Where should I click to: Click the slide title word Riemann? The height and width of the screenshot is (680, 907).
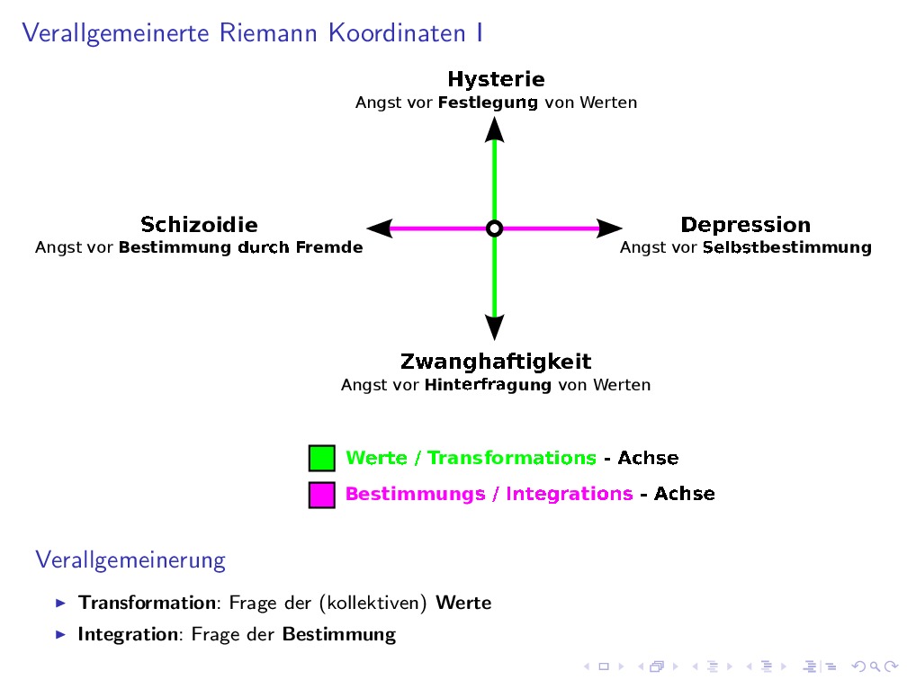pos(272,33)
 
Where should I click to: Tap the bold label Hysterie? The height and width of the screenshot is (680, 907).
pos(496,79)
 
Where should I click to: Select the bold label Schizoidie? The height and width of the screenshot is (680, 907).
pos(199,225)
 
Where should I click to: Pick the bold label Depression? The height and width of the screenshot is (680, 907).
pos(745,225)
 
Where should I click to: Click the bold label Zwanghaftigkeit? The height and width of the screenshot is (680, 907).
pos(496,362)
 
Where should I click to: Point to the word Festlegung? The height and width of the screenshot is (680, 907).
pos(488,103)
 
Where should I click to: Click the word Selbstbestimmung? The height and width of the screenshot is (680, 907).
pos(786,247)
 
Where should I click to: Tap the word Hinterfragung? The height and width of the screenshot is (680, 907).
pos(488,385)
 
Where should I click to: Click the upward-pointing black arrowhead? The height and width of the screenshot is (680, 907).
pos(494,130)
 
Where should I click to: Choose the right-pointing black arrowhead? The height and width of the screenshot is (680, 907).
pos(609,228)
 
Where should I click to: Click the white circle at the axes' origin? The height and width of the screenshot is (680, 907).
pos(494,228)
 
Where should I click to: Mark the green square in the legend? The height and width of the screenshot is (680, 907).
pos(322,458)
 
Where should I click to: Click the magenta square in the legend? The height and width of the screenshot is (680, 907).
pos(322,495)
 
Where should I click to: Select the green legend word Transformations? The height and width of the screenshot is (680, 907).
pos(511,458)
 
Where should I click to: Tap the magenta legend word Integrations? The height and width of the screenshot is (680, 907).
pos(569,494)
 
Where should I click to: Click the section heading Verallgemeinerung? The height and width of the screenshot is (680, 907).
pos(130,560)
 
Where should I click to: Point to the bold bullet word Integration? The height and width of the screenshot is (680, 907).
pos(128,634)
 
